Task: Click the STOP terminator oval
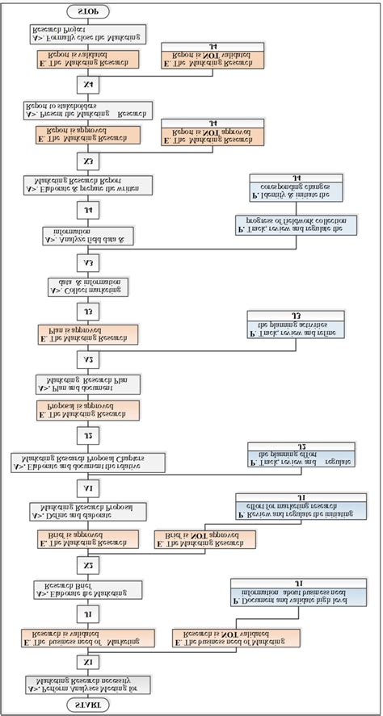87,11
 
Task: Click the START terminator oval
87,705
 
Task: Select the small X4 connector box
87,83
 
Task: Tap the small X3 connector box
87,159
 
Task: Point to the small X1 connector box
87,662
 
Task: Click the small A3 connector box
87,262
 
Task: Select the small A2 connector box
87,358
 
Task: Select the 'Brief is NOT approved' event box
205,539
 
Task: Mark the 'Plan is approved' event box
88,334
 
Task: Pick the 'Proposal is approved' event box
88,410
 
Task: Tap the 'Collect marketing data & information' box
87,287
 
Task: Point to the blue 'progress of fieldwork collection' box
295,224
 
